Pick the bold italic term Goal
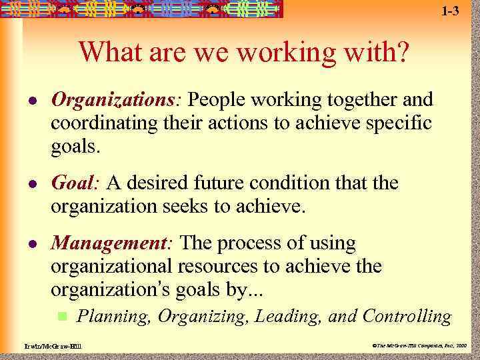[x=75, y=183]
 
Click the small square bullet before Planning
[x=61, y=315]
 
